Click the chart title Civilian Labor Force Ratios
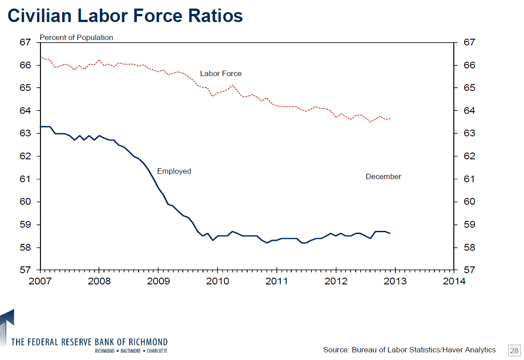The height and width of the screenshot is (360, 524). tap(126, 16)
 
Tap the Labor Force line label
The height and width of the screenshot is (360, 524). tap(221, 73)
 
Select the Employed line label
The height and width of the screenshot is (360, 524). tap(174, 171)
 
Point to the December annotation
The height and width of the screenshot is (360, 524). tap(383, 177)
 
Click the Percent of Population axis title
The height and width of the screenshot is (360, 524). tap(77, 37)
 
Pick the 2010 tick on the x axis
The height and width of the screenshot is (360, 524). tap(217, 282)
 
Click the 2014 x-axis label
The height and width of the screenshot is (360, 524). tap(454, 282)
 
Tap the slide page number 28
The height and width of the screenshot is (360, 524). tap(514, 350)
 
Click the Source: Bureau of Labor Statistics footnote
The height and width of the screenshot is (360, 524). tap(409, 350)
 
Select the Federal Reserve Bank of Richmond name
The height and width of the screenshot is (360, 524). tap(89, 342)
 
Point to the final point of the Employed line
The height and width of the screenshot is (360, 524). tap(389, 233)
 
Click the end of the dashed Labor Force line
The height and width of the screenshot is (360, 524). tap(390, 119)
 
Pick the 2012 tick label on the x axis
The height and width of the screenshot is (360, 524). tap(336, 282)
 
